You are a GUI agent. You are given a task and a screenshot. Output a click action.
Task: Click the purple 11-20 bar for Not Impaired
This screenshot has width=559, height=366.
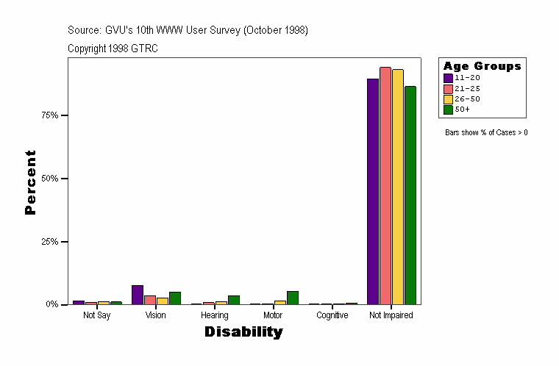pos(373,191)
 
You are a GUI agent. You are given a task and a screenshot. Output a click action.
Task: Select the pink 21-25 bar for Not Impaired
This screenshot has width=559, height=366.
pos(385,185)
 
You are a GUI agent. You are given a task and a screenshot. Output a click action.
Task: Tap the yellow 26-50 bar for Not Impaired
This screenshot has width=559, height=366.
pos(397,187)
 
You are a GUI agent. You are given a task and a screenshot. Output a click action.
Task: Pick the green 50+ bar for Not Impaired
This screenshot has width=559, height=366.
pos(410,195)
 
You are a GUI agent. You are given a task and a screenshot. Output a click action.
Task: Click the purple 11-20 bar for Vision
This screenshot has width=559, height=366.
pos(138,295)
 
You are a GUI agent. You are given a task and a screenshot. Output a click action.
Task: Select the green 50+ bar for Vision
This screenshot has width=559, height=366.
pos(174,298)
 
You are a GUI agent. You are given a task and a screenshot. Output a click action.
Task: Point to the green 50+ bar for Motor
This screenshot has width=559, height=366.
pos(292,298)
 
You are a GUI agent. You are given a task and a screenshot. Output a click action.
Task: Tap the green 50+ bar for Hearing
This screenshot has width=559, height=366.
pos(233,300)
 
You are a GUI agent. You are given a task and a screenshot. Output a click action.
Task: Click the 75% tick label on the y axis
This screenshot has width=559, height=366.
pos(50,115)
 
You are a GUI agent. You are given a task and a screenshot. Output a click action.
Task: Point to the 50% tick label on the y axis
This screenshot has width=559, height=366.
pos(50,179)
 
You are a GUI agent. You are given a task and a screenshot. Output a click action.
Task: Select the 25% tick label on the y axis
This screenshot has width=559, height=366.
pos(50,242)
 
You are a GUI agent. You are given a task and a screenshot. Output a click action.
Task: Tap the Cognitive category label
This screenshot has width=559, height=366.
pos(332,315)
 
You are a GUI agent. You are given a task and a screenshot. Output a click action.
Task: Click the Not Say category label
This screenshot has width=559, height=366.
pos(97,315)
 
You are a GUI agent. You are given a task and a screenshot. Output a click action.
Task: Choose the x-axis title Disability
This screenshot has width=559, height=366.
pos(243,332)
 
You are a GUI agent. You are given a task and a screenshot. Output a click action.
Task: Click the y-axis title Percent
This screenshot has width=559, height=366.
pos(30,182)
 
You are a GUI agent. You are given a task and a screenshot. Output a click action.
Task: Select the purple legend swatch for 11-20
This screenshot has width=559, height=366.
pos(448,78)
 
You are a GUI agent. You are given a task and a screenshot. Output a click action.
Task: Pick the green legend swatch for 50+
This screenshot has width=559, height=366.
pos(448,110)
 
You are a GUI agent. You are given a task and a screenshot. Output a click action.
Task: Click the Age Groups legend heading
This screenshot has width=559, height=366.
pos(482,66)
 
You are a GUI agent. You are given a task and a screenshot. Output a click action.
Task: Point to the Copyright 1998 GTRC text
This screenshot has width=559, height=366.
pos(113,49)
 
